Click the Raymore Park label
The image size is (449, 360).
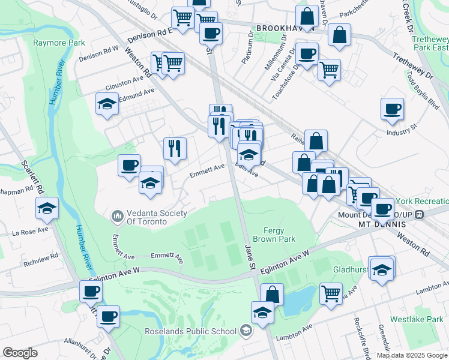click(59, 43)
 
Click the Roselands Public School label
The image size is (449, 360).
click(190, 331)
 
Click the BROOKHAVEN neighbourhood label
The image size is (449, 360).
click(277, 28)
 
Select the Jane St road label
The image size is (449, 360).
click(250, 255)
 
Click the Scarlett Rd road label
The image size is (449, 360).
click(32, 175)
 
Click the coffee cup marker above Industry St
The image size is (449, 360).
click(392, 109)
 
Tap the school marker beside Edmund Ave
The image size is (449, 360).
click(107, 104)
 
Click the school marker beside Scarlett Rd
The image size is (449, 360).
click(47, 208)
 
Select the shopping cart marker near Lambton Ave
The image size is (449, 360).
click(331, 294)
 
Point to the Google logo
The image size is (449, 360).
click(20, 353)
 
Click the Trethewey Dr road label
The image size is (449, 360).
click(412, 66)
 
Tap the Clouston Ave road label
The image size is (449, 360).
click(125, 81)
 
